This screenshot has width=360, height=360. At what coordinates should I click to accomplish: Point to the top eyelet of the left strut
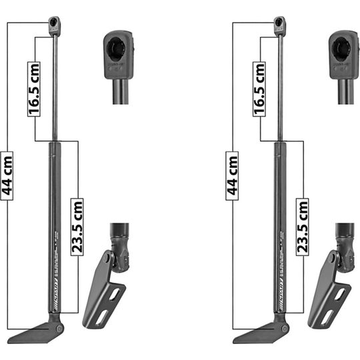(55, 25)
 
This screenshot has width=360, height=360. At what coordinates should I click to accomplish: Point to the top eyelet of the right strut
(279, 25)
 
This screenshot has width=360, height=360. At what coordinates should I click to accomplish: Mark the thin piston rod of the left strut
(55, 87)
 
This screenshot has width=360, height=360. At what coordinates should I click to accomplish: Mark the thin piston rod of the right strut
(281, 87)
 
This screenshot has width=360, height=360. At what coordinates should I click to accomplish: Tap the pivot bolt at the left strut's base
(60, 328)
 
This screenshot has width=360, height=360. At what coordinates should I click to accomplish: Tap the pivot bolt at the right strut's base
(285, 328)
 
